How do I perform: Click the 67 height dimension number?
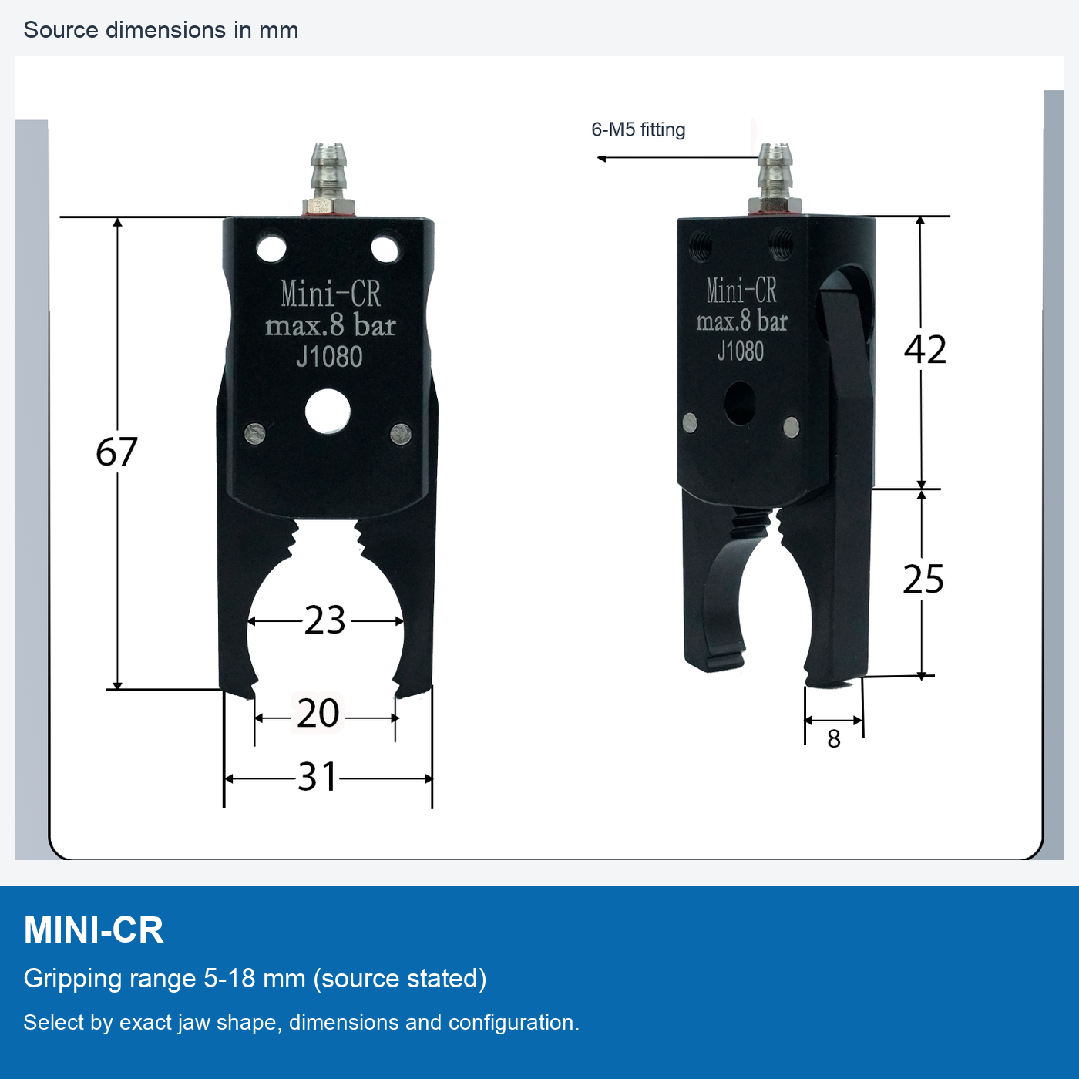click(116, 452)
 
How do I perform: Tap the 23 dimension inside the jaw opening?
click(324, 620)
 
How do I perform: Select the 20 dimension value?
click(318, 714)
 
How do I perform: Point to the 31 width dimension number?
click(317, 777)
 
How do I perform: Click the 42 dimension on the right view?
click(925, 350)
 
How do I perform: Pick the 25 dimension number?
click(923, 579)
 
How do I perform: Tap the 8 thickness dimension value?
click(834, 739)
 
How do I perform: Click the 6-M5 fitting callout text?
click(638, 130)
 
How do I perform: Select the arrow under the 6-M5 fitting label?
click(677, 159)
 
